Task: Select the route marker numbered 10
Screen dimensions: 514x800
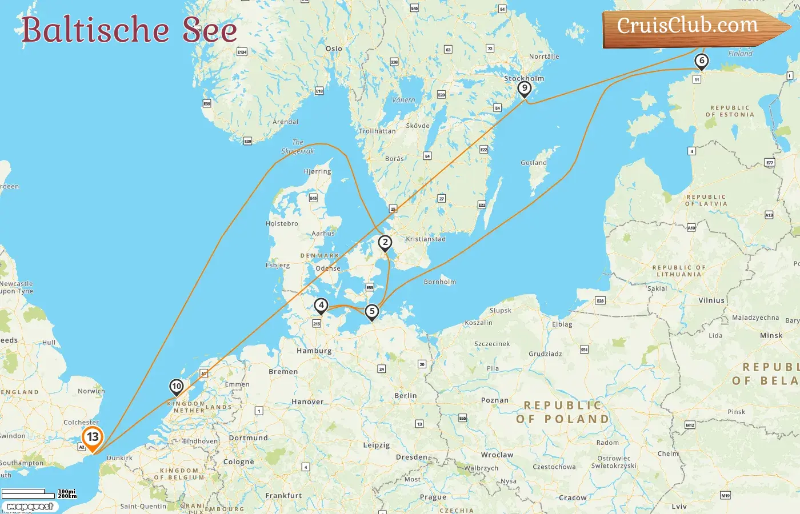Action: click(177, 387)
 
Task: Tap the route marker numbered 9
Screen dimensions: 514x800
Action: click(524, 89)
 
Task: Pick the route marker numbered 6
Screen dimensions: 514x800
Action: click(702, 61)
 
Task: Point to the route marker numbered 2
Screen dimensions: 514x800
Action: click(385, 243)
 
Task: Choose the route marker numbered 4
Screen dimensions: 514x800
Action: click(321, 306)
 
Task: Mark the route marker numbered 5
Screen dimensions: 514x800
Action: click(372, 312)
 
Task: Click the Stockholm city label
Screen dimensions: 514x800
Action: click(524, 78)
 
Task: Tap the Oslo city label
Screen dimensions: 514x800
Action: click(334, 49)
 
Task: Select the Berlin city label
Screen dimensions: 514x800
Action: click(406, 396)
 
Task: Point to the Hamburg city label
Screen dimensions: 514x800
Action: click(314, 351)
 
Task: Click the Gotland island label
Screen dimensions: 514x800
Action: click(534, 163)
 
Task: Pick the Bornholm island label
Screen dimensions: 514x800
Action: click(440, 282)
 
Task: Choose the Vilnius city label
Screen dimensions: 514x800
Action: click(711, 300)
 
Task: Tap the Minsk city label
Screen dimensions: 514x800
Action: click(771, 336)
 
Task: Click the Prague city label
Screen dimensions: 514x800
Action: click(433, 497)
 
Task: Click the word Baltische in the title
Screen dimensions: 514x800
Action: click(95, 30)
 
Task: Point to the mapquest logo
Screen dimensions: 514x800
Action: click(30, 507)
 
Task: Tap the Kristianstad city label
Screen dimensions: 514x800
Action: click(426, 239)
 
